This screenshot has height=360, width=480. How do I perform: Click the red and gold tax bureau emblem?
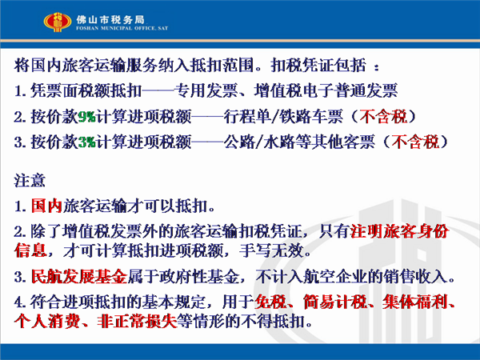tap(58, 22)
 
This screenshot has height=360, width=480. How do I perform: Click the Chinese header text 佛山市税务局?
tap(110, 19)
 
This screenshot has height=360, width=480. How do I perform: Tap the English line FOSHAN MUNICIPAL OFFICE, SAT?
tap(122, 28)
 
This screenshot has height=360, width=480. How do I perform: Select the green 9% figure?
tap(87, 117)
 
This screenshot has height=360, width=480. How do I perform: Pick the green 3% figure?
tap(87, 142)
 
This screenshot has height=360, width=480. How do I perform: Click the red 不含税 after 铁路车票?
tap(383, 117)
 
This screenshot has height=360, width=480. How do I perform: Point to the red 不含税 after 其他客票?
tap(415, 142)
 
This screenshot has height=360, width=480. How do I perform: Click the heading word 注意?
tap(30, 181)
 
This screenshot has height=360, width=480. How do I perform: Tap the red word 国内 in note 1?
tap(46, 206)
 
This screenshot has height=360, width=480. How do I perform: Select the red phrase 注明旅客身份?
tap(399, 231)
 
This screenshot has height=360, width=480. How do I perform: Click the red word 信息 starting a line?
tap(30, 250)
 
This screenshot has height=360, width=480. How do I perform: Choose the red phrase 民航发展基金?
tap(79, 277)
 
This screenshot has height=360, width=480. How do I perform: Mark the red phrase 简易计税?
tap(335, 302)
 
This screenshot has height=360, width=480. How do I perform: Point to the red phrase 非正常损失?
tap(138, 322)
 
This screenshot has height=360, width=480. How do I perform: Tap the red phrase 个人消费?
tap(46, 322)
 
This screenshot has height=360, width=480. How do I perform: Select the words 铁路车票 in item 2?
tap(311, 117)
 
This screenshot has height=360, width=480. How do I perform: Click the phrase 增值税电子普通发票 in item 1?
tap(326, 91)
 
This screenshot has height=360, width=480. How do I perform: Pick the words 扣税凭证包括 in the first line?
tap(318, 66)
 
